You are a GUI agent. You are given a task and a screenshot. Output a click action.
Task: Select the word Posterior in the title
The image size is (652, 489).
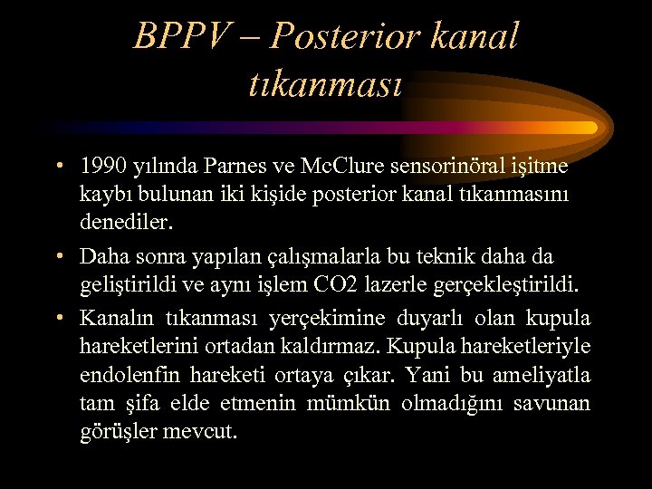pos(345,37)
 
